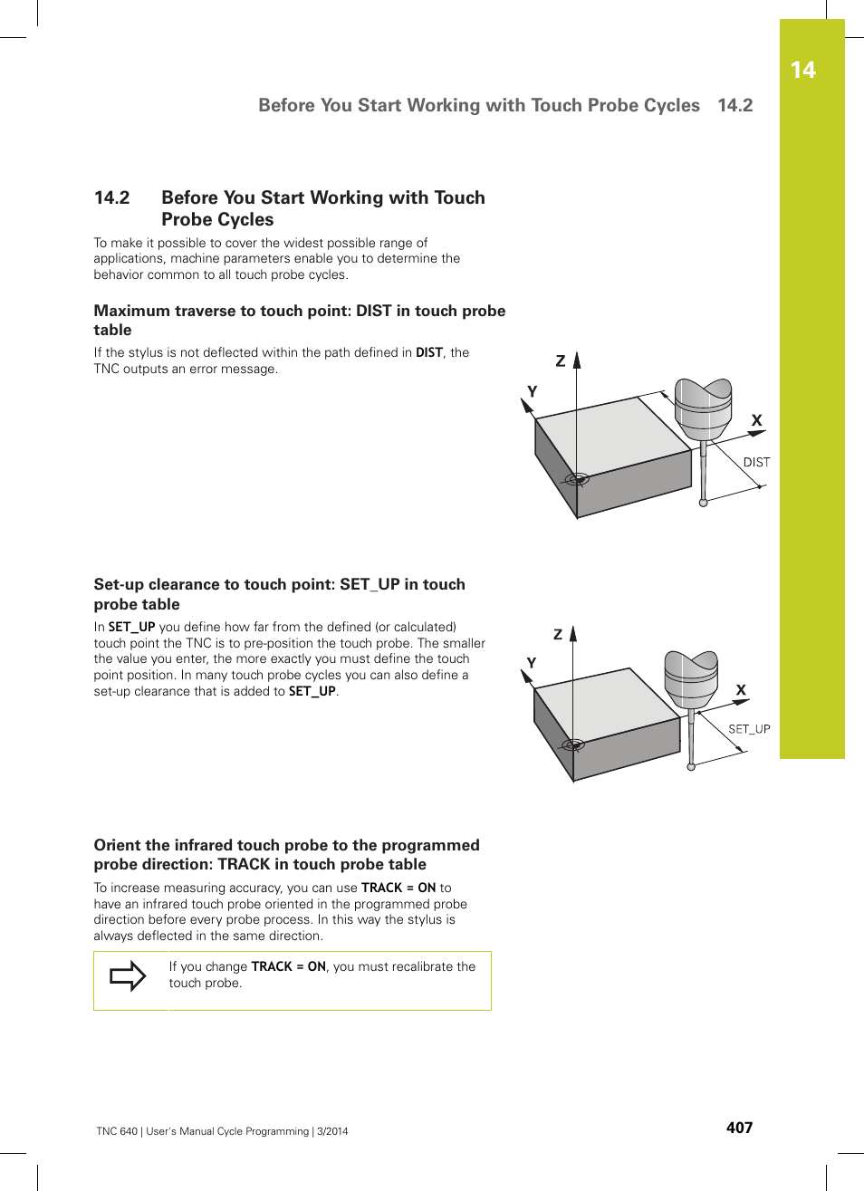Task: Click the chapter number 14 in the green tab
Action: (x=802, y=71)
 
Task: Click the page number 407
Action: (x=739, y=1128)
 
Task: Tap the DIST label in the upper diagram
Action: (x=756, y=462)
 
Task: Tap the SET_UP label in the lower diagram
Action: (x=749, y=729)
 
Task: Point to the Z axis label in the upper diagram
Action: (x=561, y=361)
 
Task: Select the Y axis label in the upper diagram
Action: (x=532, y=391)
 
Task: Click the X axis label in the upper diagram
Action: (x=757, y=420)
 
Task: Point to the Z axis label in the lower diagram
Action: (x=558, y=634)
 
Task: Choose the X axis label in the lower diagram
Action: (x=741, y=690)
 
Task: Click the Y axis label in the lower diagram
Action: (x=531, y=663)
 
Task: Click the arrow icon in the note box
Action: (x=128, y=975)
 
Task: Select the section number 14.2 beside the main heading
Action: (x=112, y=198)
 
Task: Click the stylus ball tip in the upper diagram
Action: (x=703, y=503)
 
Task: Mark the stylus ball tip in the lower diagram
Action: (x=691, y=767)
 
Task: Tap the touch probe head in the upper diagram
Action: (x=704, y=408)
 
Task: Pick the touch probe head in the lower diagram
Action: (x=691, y=678)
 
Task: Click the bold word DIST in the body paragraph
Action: (x=429, y=352)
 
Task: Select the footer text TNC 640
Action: (x=117, y=1131)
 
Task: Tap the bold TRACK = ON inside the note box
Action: (x=288, y=966)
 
